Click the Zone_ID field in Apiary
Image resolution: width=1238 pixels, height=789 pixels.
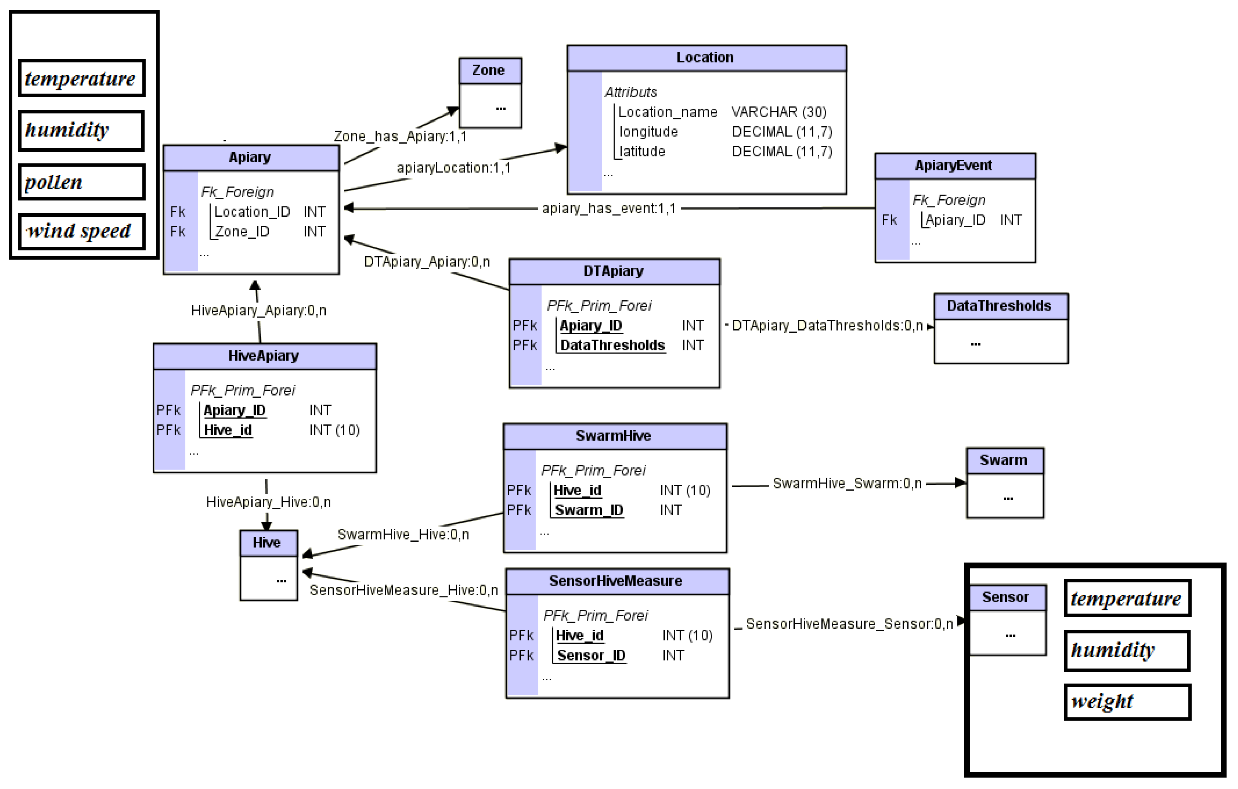(x=242, y=232)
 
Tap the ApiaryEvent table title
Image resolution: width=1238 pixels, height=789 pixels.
(x=954, y=166)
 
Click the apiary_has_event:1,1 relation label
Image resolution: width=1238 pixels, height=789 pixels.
(x=608, y=209)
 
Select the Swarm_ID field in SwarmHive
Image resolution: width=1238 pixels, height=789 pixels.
(x=589, y=510)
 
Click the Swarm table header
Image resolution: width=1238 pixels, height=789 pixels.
(x=1004, y=461)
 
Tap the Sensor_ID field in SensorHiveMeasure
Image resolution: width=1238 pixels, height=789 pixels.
(x=591, y=656)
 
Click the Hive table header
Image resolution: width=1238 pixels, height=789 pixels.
(x=267, y=543)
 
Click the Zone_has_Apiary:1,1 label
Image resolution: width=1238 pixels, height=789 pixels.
(x=400, y=137)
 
